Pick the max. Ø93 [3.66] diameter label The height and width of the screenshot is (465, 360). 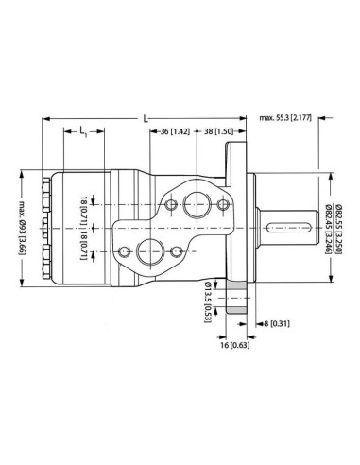coord(21,226)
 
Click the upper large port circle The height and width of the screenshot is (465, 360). coord(199,200)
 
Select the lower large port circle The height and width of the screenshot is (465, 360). coord(149,250)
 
